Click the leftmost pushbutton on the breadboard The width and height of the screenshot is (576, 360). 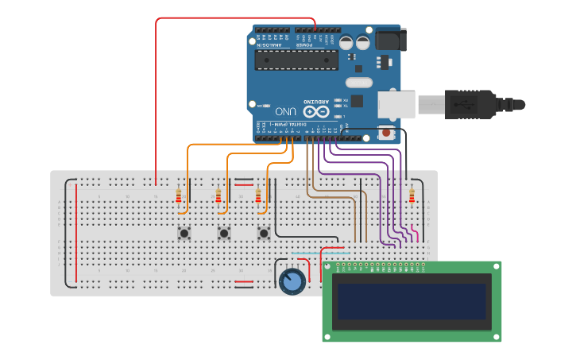(x=184, y=233)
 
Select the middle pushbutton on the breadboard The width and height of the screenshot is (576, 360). (x=224, y=233)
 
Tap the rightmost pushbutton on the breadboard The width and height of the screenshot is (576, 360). (x=264, y=233)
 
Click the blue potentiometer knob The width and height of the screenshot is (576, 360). (x=292, y=281)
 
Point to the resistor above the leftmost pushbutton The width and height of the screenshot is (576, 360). (x=179, y=196)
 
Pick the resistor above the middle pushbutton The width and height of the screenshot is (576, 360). (x=218, y=196)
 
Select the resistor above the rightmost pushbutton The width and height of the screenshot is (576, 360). (x=258, y=196)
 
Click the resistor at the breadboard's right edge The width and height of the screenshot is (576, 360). (x=412, y=196)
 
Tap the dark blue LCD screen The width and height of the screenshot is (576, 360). (x=412, y=301)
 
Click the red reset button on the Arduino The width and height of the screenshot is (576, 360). (x=386, y=133)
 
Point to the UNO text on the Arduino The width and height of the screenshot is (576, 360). (x=285, y=110)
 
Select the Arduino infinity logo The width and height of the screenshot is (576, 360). (x=317, y=111)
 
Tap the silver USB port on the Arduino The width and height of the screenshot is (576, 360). (x=395, y=104)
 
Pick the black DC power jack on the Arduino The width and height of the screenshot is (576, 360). (x=390, y=39)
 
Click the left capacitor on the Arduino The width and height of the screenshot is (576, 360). (x=346, y=42)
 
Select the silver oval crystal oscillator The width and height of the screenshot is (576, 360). (x=359, y=82)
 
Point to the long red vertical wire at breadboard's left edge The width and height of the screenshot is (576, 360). (x=76, y=232)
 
